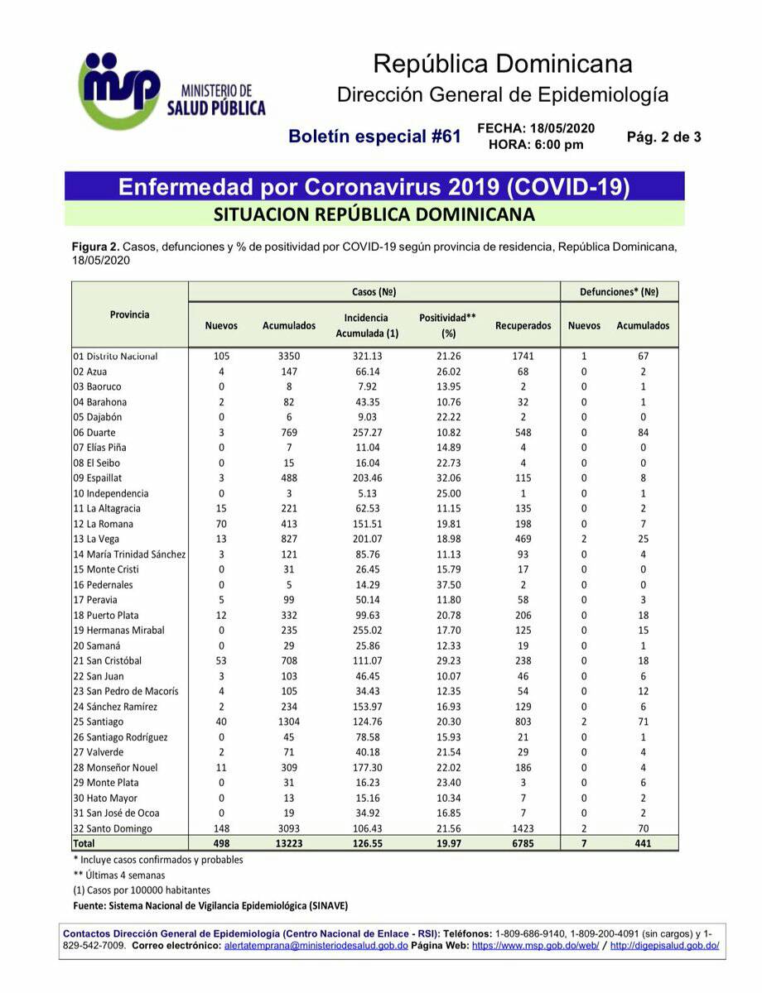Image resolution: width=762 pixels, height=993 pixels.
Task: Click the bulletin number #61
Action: (x=445, y=137)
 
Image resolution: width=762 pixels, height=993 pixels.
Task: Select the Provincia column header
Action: (x=130, y=314)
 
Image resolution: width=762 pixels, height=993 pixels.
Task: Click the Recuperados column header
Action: (x=523, y=326)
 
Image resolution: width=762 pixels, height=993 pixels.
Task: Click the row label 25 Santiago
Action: (x=101, y=722)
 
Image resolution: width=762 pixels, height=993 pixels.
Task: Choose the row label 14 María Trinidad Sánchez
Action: (x=129, y=554)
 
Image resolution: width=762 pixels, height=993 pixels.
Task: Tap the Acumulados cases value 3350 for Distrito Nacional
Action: (x=289, y=356)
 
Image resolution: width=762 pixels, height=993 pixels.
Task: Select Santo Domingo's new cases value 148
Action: (x=220, y=828)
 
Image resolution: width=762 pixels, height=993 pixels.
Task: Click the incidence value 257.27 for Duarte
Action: (x=366, y=432)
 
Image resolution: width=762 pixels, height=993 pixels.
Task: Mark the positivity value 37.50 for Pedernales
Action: (x=449, y=584)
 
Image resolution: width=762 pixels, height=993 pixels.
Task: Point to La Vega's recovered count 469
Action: (x=523, y=539)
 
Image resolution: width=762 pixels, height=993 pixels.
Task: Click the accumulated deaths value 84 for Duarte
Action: (x=643, y=432)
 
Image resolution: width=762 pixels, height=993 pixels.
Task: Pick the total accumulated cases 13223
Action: (x=289, y=843)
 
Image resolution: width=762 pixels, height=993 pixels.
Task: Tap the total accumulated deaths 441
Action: (x=643, y=843)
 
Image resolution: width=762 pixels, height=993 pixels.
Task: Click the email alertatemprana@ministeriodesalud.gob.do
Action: (x=316, y=945)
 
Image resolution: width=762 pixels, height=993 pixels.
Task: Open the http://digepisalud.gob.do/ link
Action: (x=664, y=945)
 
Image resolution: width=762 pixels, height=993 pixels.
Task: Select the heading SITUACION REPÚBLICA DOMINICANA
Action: (x=374, y=214)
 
